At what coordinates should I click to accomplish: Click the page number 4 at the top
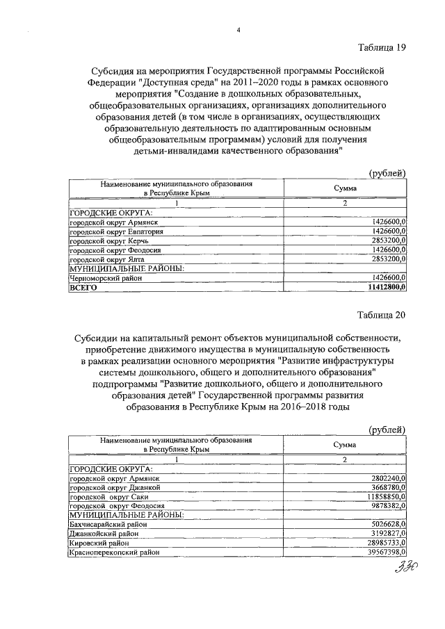click(238, 31)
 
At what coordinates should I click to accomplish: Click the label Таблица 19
click(381, 47)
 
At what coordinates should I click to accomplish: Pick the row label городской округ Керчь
click(101, 240)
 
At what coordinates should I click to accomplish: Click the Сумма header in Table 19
click(345, 189)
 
